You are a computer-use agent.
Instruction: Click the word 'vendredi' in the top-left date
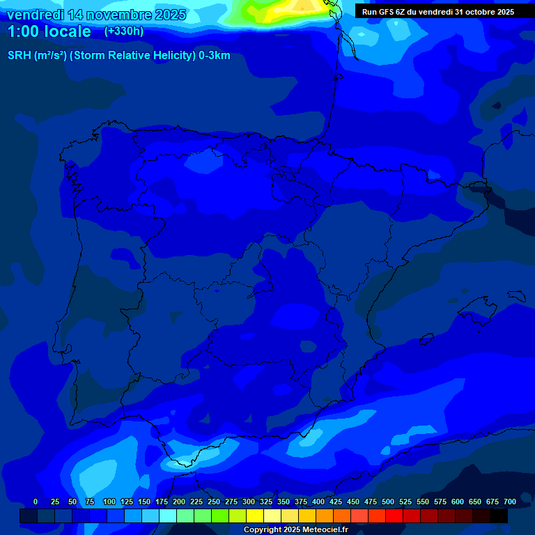35,15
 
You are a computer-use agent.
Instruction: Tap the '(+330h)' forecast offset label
123,31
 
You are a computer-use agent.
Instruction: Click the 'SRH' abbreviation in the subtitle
20,56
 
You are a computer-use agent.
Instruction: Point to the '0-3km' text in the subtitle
214,56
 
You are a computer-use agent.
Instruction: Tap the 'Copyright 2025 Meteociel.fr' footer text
295,529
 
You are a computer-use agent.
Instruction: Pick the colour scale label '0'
36,502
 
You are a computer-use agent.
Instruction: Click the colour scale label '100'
109,502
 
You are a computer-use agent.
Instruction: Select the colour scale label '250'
214,502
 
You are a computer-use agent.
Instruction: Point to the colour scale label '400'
318,502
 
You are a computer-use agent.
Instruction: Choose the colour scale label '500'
388,502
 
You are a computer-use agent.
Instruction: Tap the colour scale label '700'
509,502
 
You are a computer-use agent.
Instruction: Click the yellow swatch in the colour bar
255,515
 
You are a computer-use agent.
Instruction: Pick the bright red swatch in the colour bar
394,515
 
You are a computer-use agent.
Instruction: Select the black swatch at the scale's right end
499,515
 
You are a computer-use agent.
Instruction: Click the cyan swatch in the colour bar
168,515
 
